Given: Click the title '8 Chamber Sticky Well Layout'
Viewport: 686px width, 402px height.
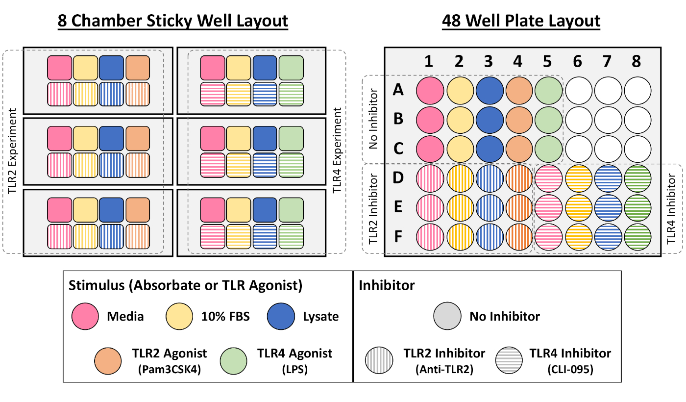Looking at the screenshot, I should pos(172,21).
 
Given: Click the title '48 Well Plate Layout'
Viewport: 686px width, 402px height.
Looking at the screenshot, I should pos(521,21).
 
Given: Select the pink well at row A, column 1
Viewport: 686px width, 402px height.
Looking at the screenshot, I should pos(430,90).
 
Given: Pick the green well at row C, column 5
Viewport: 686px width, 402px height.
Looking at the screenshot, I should pos(548,148).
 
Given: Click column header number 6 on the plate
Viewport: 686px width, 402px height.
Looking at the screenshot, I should pos(577,61).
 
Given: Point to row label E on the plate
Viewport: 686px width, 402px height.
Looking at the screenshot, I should pos(398,207).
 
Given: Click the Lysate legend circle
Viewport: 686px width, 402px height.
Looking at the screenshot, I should pos(281,316).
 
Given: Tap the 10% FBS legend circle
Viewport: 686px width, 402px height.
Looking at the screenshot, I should pos(180,316).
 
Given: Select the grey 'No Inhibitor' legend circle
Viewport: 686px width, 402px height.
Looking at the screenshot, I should pos(447,316).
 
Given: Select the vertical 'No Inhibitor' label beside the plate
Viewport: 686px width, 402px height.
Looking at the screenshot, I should pos(374,119).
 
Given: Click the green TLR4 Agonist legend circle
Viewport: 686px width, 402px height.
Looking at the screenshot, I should pos(234,360).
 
